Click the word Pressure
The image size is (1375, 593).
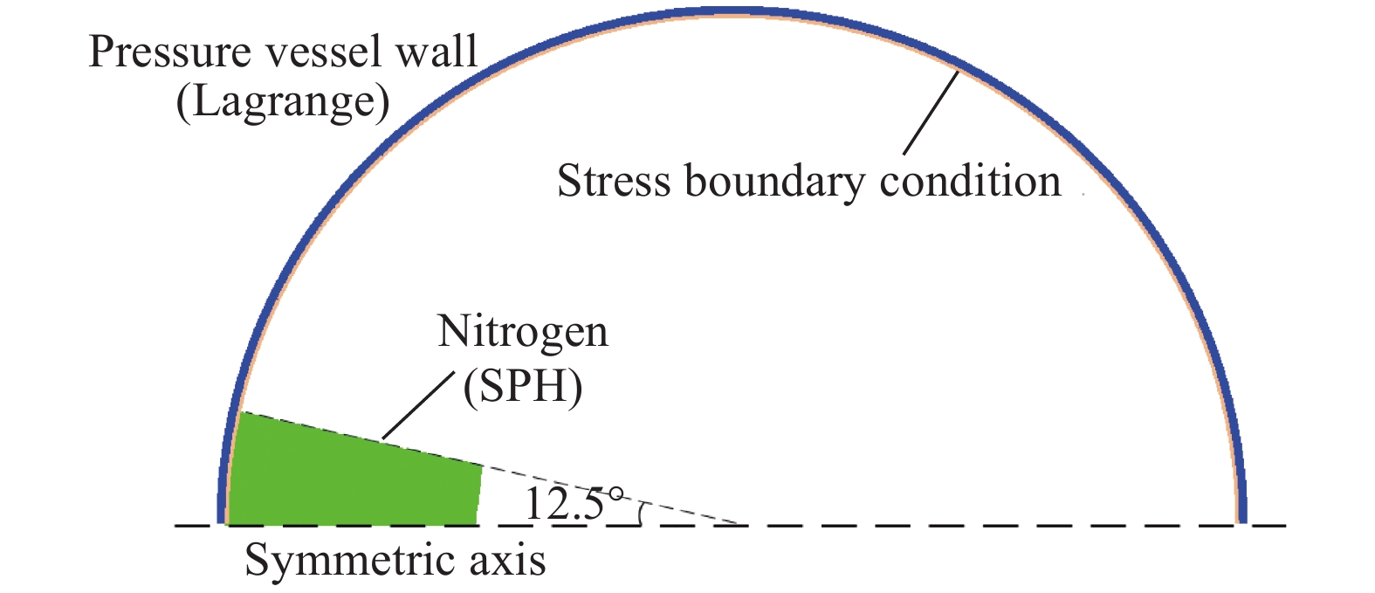(x=170, y=52)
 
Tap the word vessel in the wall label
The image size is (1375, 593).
(x=321, y=52)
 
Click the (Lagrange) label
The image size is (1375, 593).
(x=283, y=101)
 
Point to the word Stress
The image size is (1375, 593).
(x=614, y=181)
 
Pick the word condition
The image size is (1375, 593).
(x=971, y=181)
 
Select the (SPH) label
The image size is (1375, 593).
(x=523, y=387)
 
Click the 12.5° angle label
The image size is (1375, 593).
(x=574, y=503)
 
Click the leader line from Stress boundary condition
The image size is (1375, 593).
(x=931, y=113)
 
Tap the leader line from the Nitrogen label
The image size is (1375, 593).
(x=419, y=406)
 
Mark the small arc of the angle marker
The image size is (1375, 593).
(x=641, y=514)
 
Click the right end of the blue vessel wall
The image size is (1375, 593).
(x=1241, y=523)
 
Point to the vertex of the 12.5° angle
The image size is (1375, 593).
(x=739, y=525)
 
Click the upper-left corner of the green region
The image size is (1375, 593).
(x=240, y=412)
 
